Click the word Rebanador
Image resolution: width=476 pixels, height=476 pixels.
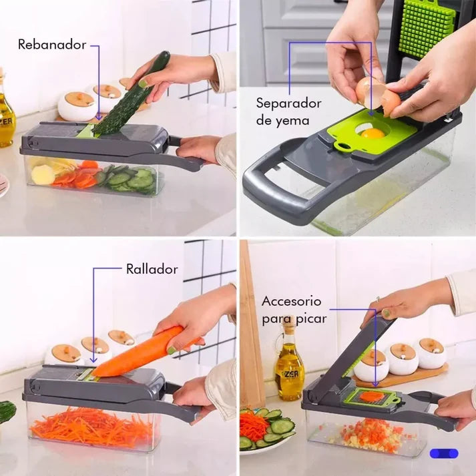(x=52, y=45)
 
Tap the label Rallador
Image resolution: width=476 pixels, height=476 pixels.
(x=152, y=269)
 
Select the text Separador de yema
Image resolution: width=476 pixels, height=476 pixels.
(x=288, y=111)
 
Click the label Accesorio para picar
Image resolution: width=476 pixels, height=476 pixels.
(x=291, y=310)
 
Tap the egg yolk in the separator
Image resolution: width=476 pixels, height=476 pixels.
(x=373, y=133)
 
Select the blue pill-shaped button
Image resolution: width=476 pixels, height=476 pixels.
(x=443, y=453)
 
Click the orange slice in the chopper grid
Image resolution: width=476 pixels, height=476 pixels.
(x=373, y=395)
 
